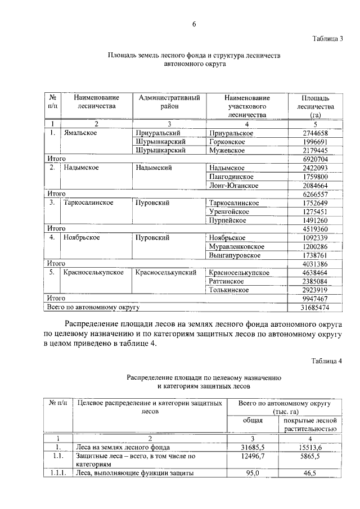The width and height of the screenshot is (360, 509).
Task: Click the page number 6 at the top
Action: tap(194, 24)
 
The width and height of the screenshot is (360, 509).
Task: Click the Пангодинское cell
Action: tap(233, 177)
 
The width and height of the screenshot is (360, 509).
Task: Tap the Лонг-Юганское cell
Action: tap(233, 186)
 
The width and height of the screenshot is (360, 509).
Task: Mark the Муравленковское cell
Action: tap(236, 246)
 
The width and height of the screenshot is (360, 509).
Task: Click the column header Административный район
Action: tap(169, 102)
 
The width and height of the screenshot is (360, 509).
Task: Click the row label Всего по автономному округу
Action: tap(92, 308)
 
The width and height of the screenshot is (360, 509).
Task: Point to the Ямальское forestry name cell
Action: tap(81, 133)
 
